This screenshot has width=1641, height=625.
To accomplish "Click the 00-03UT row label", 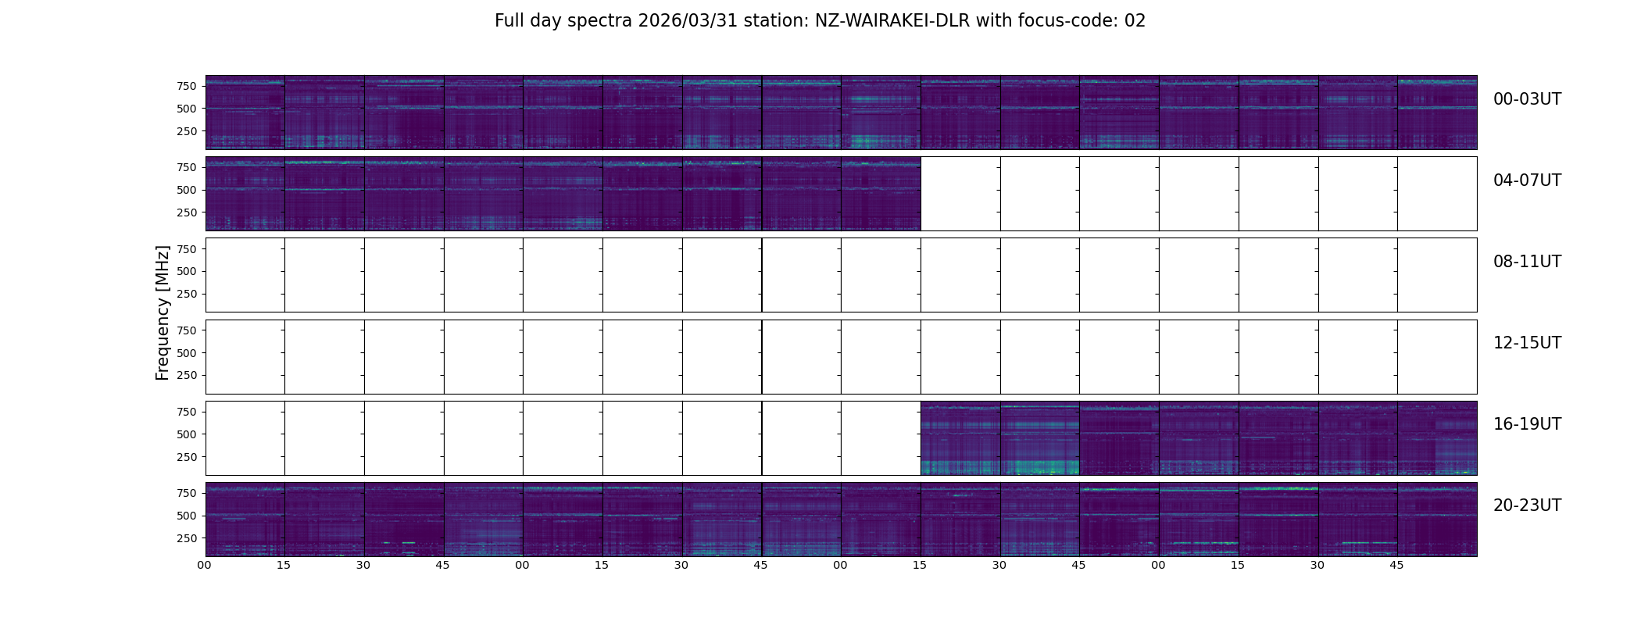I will (x=1527, y=99).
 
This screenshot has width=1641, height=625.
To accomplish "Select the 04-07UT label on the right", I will (x=1527, y=180).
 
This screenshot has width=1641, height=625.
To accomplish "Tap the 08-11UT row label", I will (x=1527, y=262).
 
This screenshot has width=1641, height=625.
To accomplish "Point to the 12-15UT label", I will (x=1527, y=343).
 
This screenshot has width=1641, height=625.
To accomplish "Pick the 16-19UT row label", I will (x=1527, y=424).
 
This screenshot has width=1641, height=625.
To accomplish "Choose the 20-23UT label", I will (x=1527, y=505).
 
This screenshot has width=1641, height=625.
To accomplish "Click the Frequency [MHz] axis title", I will (x=163, y=312).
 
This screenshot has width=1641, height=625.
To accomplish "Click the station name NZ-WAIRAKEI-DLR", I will (x=892, y=21).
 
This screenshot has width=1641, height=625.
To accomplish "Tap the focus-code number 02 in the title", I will (x=1135, y=21).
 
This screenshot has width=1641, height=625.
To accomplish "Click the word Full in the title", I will (x=508, y=21).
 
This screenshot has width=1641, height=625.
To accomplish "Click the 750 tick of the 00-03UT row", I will (x=186, y=86).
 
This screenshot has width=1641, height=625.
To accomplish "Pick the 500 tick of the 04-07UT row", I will (x=186, y=190).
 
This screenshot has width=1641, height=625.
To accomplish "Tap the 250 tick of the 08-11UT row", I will (x=186, y=295).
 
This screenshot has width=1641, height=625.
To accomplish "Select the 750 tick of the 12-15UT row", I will (x=186, y=330).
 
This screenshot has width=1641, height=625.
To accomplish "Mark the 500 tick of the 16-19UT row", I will (x=186, y=434).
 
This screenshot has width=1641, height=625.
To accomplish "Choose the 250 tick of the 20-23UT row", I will (x=186, y=538).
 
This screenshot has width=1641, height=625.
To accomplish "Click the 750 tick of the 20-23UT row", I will (x=186, y=493).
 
